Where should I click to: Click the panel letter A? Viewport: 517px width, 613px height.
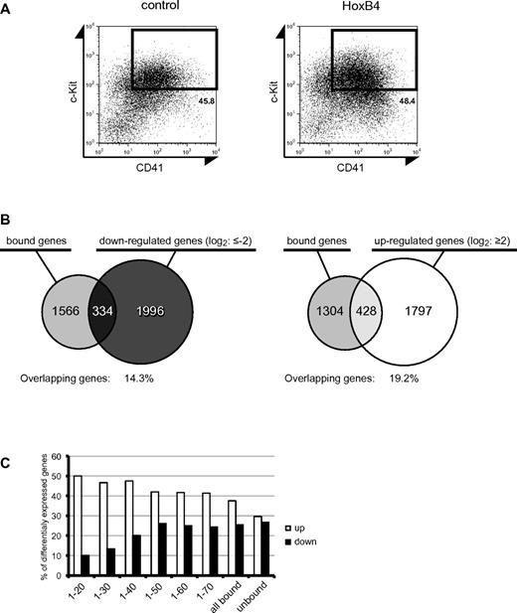pyautogui.click(x=6, y=7)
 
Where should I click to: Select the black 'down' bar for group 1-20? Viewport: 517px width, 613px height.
pyautogui.click(x=87, y=565)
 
